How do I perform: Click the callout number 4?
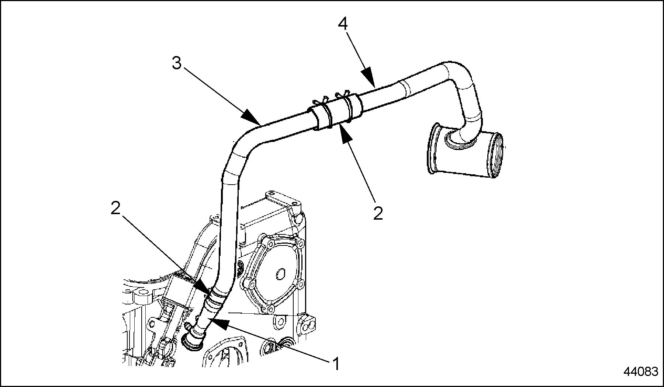tap(343, 24)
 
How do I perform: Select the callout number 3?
tap(177, 64)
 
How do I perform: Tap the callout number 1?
tap(336, 364)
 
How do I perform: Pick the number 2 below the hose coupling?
tap(378, 213)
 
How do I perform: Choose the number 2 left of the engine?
tap(115, 209)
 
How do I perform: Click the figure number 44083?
tap(641, 372)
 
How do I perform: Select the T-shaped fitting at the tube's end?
tap(465, 153)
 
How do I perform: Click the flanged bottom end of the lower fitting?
tap(193, 342)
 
